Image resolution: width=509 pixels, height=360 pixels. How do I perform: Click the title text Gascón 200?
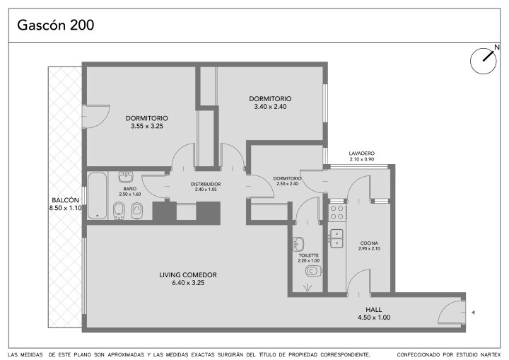click(56, 25)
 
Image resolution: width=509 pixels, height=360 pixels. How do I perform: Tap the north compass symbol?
click(484, 60)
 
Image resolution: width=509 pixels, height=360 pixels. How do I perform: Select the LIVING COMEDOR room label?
click(188, 275)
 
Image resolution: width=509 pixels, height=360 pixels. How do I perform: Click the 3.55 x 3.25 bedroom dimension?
click(147, 126)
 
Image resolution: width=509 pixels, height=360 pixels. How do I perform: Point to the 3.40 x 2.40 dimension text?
click(270, 107)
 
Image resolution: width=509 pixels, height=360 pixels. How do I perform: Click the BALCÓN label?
click(65, 200)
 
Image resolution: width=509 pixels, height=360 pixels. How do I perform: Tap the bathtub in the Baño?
click(98, 196)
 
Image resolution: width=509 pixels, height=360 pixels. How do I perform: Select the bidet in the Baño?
click(119, 211)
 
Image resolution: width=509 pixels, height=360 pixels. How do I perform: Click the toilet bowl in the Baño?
click(137, 211)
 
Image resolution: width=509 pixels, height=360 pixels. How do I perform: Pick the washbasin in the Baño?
click(126, 177)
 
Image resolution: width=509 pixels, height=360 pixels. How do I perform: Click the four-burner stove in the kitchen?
click(337, 212)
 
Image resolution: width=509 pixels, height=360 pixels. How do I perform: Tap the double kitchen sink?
click(337, 238)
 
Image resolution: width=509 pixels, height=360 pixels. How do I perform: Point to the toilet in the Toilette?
click(314, 270)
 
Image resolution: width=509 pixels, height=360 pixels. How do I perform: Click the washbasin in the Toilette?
click(298, 244)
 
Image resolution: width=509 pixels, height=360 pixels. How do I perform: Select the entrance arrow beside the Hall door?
click(473, 313)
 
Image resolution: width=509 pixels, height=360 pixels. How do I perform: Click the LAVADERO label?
click(362, 153)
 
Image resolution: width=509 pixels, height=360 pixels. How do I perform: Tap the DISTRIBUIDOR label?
click(206, 184)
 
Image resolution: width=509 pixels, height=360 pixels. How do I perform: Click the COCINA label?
click(369, 243)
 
